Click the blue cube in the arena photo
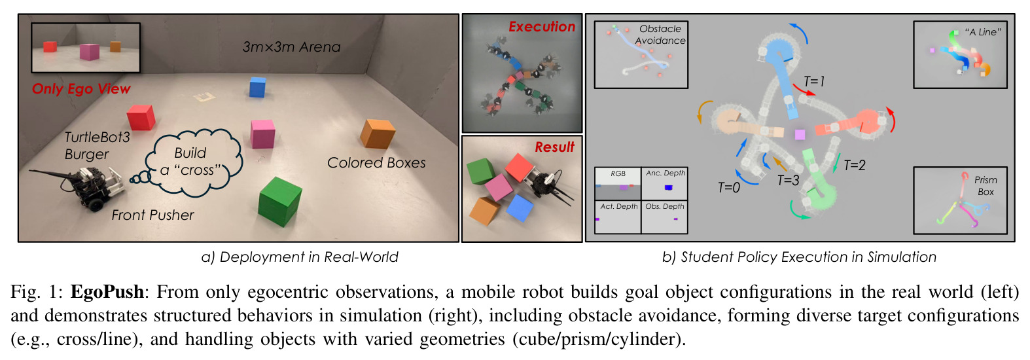click(258, 87)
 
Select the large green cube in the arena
click(279, 202)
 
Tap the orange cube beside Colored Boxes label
click(378, 134)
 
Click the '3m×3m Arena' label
click(291, 47)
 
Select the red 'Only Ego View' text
click(81, 89)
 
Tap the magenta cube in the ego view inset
click(90, 52)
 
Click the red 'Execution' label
click(542, 27)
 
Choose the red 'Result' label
click(554, 147)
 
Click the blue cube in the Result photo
click(520, 207)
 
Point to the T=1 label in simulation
click(814, 82)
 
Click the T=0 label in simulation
click(729, 188)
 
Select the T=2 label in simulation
click(855, 165)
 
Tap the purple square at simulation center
click(800, 134)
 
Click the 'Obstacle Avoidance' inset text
click(660, 35)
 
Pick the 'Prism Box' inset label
click(986, 186)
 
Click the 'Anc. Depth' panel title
click(666, 173)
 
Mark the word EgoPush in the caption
click(107, 292)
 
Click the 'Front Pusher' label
click(152, 215)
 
